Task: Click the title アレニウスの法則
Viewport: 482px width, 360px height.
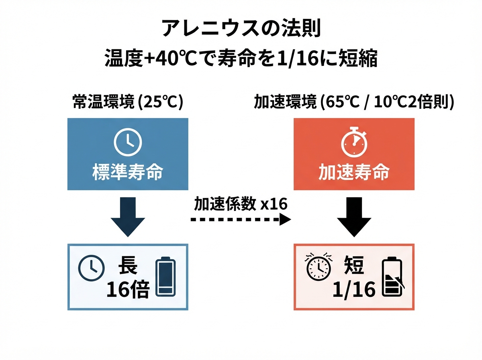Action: pos(241,29)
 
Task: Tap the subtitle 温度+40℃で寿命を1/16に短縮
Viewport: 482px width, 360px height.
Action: pos(241,58)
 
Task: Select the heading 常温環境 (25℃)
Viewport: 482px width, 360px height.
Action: pos(128,102)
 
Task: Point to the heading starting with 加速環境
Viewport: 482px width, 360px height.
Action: pos(354,102)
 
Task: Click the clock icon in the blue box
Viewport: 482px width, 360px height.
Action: pos(128,142)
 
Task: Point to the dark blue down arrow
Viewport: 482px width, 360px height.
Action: pos(128,217)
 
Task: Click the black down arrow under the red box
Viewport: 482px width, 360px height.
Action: pos(354,217)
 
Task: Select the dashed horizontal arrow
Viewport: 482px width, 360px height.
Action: pos(241,219)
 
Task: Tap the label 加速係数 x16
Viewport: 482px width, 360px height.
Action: pos(241,204)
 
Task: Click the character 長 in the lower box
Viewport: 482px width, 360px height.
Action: pos(128,265)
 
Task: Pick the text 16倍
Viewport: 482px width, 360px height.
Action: pos(128,290)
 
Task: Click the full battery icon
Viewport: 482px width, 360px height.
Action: pos(165,276)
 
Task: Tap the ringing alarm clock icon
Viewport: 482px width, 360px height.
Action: pos(319,266)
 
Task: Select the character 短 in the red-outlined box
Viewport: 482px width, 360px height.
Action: pos(354,265)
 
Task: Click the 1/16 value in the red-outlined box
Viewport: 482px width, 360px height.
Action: pos(354,290)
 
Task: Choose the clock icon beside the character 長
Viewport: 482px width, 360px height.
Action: pos(91,268)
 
